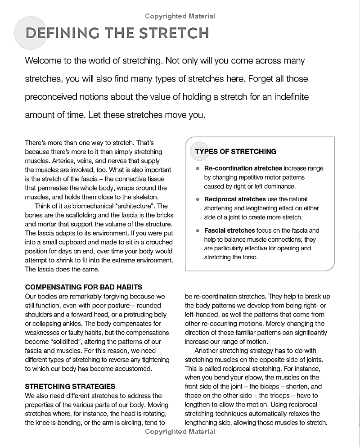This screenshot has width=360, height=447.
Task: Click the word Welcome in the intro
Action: (x=46, y=61)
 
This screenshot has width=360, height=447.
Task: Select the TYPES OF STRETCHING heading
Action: (x=235, y=152)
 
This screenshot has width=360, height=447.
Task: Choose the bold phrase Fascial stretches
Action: (x=230, y=230)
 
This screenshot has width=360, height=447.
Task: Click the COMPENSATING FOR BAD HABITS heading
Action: (x=84, y=287)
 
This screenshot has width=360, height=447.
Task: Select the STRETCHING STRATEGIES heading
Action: (x=70, y=387)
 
